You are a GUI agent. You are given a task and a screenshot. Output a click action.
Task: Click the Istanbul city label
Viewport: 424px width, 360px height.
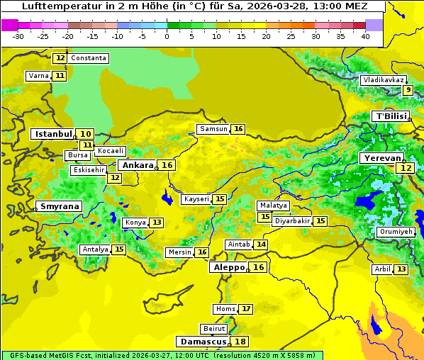point(54,133)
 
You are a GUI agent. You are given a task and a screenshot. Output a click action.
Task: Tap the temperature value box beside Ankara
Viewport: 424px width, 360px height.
point(167,165)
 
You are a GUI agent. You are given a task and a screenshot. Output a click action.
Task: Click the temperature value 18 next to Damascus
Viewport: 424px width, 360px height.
point(241,342)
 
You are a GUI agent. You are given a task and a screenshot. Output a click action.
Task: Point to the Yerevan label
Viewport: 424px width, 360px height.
point(381,158)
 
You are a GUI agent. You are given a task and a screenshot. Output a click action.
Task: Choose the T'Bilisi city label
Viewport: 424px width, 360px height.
point(391,116)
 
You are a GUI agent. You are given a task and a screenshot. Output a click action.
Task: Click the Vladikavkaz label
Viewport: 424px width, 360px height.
point(383,80)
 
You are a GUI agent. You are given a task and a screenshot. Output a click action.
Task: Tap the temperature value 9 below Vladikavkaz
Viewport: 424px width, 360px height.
point(408,90)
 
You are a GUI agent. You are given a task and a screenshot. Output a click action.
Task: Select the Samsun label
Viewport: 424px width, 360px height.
point(213,129)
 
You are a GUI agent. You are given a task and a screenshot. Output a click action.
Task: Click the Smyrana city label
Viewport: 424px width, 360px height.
point(60,206)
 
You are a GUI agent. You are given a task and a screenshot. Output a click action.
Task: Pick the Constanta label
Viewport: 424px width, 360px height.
point(89,58)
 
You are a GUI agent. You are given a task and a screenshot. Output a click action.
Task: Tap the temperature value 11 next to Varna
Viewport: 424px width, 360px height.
point(60,76)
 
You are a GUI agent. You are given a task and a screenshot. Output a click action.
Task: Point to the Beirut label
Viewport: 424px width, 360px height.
point(213,329)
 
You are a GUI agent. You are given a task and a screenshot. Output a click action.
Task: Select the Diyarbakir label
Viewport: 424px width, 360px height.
point(291,221)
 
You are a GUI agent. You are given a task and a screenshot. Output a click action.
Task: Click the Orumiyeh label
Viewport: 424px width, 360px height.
point(395,232)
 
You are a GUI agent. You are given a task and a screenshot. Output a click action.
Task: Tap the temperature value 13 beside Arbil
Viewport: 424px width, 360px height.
point(401,269)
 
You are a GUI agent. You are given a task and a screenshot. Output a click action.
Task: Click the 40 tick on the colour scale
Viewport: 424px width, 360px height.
point(365,36)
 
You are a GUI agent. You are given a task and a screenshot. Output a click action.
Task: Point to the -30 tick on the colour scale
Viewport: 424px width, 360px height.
point(18,36)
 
